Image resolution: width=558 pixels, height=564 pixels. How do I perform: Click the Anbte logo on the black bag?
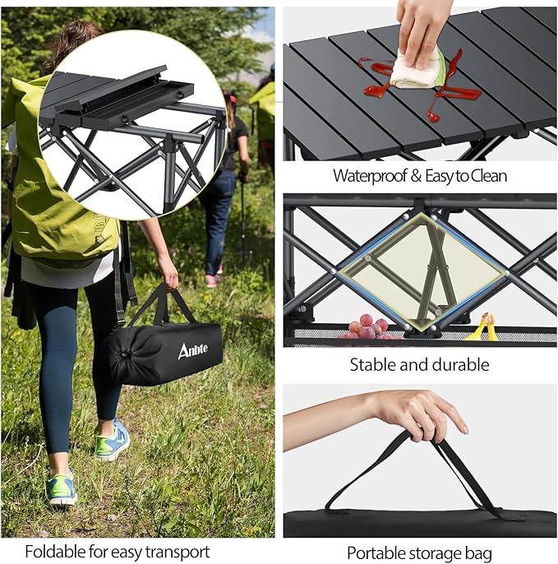[x=193, y=350]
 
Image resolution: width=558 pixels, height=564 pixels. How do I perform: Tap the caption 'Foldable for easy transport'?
[x=117, y=551]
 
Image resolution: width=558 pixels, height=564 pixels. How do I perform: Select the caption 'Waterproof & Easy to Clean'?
[x=419, y=175]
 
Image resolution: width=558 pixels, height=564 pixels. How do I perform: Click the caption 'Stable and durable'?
[x=419, y=364]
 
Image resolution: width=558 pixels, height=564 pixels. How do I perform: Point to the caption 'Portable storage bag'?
[x=419, y=552]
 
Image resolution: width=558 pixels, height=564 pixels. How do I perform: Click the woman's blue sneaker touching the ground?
[x=63, y=489]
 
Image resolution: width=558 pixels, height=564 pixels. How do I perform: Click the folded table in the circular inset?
[x=131, y=123]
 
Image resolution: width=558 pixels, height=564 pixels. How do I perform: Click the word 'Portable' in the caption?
[x=376, y=552]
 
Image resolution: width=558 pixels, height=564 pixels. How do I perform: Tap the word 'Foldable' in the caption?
[x=53, y=551]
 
